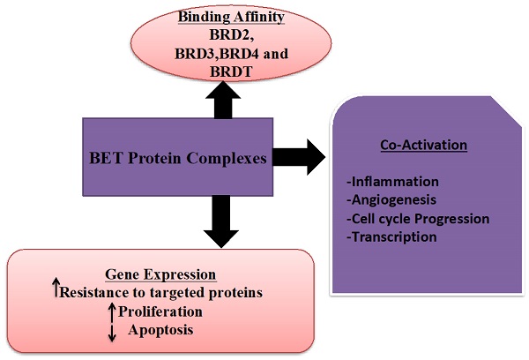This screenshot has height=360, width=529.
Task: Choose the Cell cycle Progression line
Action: click(x=418, y=218)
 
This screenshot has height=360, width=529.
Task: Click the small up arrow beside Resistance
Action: click(x=55, y=287)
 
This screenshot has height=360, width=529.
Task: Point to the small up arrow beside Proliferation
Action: click(x=110, y=309)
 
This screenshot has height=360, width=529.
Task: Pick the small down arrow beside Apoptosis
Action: click(x=110, y=332)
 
